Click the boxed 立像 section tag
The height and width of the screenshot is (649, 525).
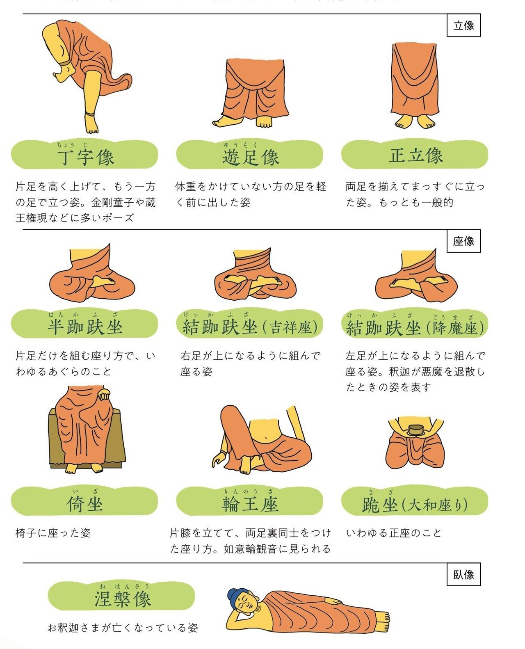(463, 25)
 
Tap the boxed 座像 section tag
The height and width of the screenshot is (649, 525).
(463, 241)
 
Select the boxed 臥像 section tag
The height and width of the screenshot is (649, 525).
(463, 574)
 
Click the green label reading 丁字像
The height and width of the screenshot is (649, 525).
(84, 154)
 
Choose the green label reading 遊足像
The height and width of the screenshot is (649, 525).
(250, 154)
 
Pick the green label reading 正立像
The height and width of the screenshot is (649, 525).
(415, 154)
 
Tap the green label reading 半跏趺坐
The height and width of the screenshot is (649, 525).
(84, 324)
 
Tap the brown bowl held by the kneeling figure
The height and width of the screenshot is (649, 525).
(415, 430)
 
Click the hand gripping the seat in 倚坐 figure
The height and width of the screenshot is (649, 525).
(104, 395)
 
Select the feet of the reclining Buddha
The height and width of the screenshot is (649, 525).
(382, 622)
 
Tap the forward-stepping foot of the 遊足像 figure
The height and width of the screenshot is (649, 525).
(224, 122)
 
